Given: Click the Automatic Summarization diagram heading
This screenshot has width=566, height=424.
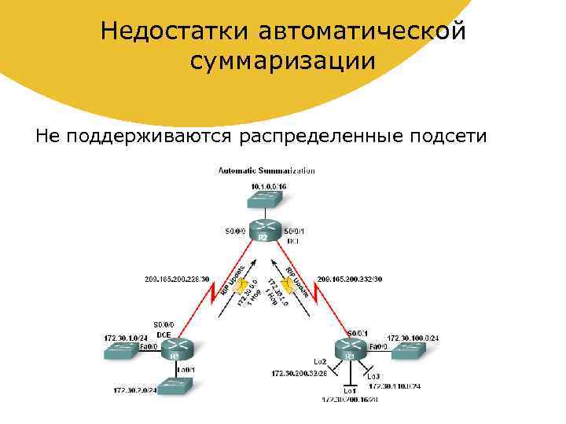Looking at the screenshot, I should point(266,170).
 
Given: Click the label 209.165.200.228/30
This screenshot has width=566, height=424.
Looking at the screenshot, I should point(175,279).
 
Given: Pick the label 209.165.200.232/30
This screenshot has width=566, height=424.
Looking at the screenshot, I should point(349,279).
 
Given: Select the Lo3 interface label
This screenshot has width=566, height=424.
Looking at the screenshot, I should point(373,376).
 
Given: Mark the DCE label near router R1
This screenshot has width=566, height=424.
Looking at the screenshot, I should point(164,333).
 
